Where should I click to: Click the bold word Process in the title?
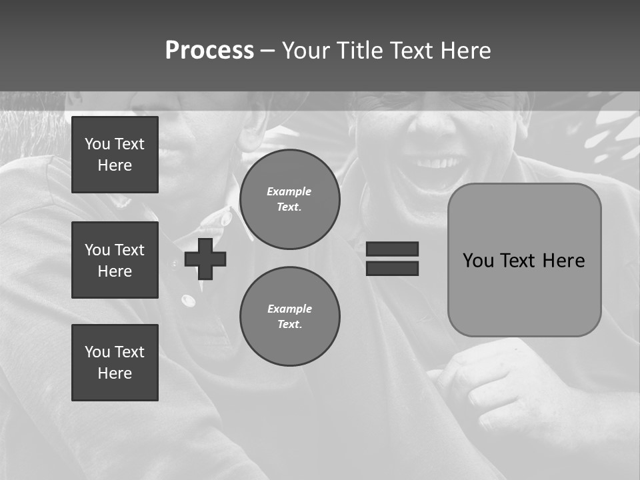point(209,50)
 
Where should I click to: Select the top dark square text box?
point(115,155)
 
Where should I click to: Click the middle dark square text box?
point(115,260)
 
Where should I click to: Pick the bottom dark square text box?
point(115,363)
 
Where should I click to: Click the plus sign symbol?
point(205,259)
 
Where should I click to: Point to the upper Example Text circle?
point(290,199)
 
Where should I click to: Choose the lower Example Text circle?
point(290,317)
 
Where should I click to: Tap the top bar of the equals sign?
point(392,249)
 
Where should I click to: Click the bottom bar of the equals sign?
point(392,268)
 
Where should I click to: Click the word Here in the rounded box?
point(563,261)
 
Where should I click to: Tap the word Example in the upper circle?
point(289,191)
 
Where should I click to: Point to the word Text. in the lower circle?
point(289,325)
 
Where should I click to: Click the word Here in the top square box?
point(115,165)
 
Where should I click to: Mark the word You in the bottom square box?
point(97,352)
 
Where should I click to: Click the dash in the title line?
point(267,51)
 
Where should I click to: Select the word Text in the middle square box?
point(129,250)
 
